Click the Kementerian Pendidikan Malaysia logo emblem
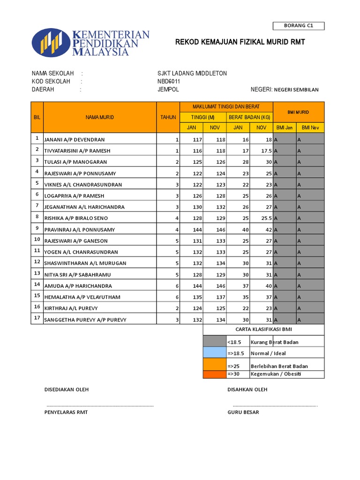pyautogui.click(x=51, y=43)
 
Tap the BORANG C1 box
pyautogui.click(x=298, y=26)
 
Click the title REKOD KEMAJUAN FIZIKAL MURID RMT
pyautogui.click(x=240, y=42)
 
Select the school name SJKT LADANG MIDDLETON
pyautogui.click(x=192, y=74)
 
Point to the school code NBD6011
pyautogui.click(x=169, y=82)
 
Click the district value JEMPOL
pyautogui.click(x=168, y=90)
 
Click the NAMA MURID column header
pyautogui.click(x=99, y=117)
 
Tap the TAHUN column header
pyautogui.click(x=168, y=117)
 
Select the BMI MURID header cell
pyautogui.click(x=298, y=112)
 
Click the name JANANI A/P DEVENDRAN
pyautogui.click(x=75, y=140)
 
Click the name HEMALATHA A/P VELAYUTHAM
pyautogui.click(x=82, y=297)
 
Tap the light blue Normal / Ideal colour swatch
pyautogui.click(x=214, y=353)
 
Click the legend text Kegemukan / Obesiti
pyautogui.click(x=276, y=374)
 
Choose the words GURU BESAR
pyautogui.click(x=243, y=412)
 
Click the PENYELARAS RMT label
pyautogui.click(x=66, y=412)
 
